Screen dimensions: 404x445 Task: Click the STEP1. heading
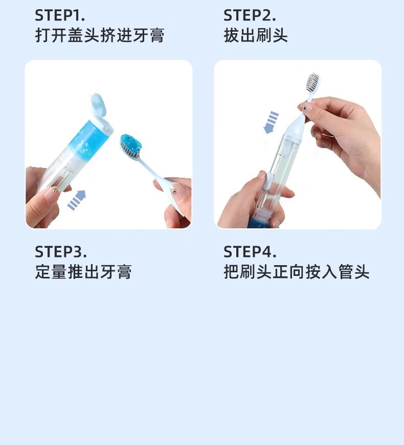60,15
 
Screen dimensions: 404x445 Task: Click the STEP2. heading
250,15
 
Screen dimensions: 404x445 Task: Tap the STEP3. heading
60,251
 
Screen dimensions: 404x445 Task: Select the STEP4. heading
250,251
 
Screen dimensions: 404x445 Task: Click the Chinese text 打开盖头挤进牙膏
100,35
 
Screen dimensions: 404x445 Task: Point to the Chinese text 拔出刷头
256,35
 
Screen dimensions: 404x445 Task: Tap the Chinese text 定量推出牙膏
83,272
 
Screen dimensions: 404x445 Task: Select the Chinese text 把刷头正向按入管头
297,272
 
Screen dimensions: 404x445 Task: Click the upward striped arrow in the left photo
77,200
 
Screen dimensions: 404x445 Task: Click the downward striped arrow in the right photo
271,122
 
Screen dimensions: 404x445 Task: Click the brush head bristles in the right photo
312,82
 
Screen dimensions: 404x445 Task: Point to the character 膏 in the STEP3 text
124,272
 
